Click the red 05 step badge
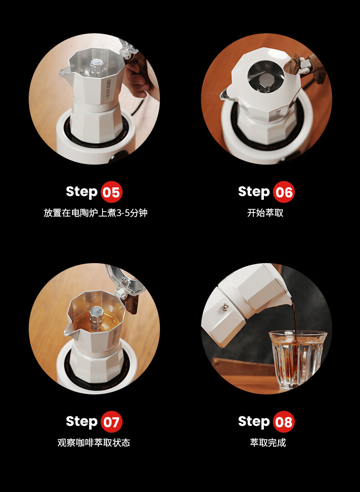111,192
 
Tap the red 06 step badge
284,192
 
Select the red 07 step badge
111,422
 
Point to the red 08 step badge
284,422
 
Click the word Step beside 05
82,192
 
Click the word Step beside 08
254,422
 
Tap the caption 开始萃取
265,213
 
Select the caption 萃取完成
268,443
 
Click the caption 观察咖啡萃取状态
94,443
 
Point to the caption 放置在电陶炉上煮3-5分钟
95,213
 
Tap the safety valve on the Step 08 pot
225,306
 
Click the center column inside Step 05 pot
97,67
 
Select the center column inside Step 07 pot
96,317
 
